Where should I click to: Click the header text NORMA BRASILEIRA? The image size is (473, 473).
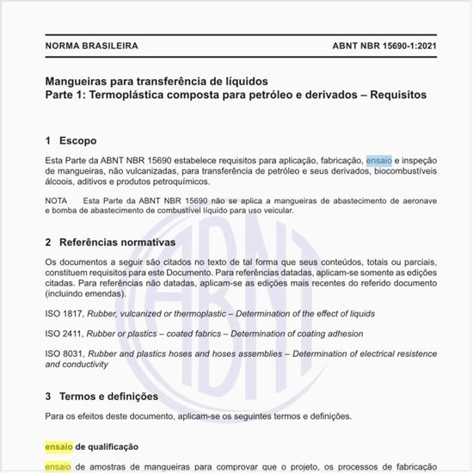click(90, 45)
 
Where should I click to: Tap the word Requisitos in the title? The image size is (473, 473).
click(391, 95)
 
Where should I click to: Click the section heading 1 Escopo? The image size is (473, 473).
click(71, 140)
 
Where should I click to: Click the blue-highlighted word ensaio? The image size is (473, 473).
click(378, 160)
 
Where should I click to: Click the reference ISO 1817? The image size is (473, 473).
click(63, 314)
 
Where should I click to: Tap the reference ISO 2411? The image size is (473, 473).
click(63, 334)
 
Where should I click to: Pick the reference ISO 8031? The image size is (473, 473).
click(63, 353)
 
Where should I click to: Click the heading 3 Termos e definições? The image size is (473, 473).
click(101, 396)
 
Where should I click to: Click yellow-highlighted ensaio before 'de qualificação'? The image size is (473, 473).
click(58, 447)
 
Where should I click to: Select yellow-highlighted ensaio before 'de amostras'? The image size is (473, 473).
click(58, 467)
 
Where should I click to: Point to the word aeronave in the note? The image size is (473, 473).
click(408, 200)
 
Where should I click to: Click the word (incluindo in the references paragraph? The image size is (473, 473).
click(66, 293)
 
